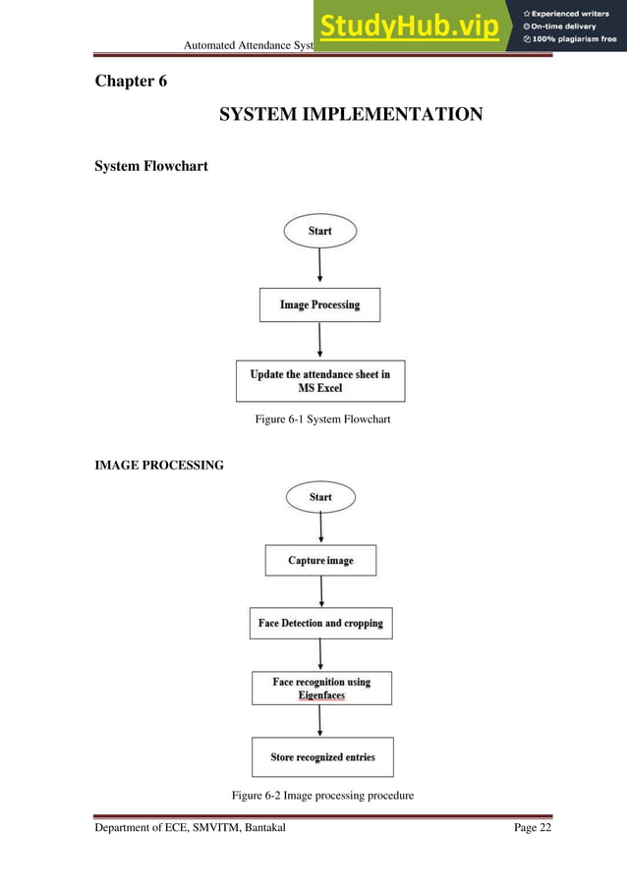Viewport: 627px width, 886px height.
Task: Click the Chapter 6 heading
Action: pos(131,81)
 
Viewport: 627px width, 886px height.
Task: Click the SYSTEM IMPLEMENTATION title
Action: pos(350,115)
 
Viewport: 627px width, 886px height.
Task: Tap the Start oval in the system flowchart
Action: pos(320,231)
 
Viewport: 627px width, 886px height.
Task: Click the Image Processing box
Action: pos(319,305)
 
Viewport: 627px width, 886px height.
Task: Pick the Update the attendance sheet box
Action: pos(320,381)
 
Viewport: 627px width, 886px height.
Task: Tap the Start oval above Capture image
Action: pos(320,497)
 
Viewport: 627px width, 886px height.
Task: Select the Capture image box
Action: pos(320,561)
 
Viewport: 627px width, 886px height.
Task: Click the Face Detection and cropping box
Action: pos(320,624)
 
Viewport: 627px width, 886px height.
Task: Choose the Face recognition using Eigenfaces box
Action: pos(321,688)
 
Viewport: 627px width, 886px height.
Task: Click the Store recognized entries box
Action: pos(322,757)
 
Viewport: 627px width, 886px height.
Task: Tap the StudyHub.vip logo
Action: pos(408,27)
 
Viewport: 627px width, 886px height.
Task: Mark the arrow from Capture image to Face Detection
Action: pos(321,591)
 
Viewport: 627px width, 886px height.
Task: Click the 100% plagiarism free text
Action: pos(570,40)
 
